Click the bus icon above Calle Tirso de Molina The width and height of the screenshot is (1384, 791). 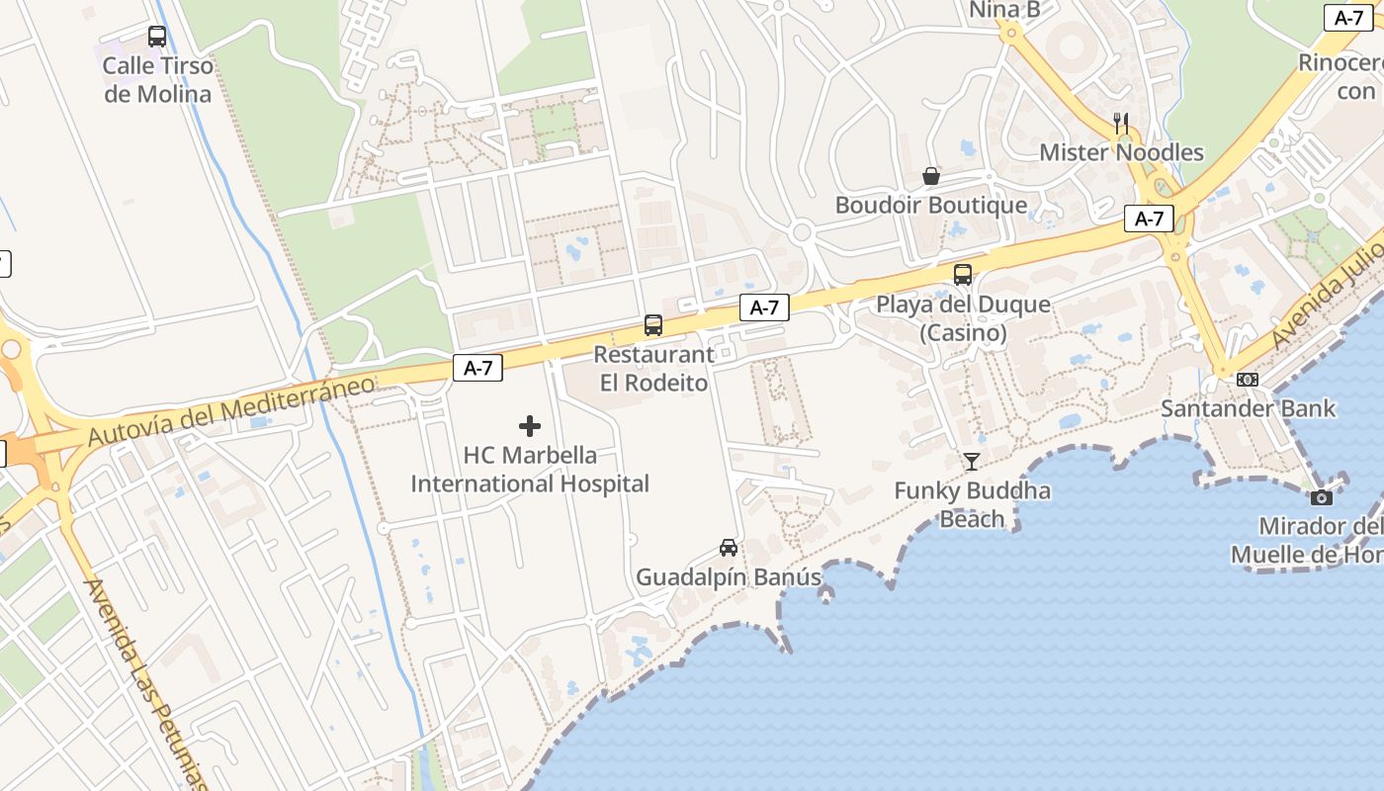pos(156,37)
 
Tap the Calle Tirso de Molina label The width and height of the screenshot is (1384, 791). pos(158,80)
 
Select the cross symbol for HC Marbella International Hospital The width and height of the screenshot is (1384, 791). pos(530,426)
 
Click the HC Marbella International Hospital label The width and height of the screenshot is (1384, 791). pos(530,470)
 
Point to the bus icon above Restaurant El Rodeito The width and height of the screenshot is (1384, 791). pos(652,324)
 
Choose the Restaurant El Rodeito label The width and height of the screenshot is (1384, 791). pos(653,369)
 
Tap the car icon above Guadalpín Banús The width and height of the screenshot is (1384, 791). pos(729,548)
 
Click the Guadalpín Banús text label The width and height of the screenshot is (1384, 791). pos(729,577)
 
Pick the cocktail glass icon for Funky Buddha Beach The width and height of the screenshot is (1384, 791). pos(972,461)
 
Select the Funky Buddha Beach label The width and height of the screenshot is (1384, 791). pos(972,504)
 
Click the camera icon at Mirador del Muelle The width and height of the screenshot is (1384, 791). pos(1321,497)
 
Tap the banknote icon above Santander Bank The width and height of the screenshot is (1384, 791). pos(1248,379)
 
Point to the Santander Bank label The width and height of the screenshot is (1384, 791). pos(1248,408)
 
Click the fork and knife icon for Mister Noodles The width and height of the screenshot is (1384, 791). pos(1121,123)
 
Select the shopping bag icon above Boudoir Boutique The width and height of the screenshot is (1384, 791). pos(931,176)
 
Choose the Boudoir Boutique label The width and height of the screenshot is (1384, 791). pos(931,206)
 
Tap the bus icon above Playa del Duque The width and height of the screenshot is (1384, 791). pos(962,274)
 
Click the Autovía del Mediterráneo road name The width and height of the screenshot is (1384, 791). pos(232,410)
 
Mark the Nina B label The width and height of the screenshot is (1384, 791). pos(1004,10)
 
